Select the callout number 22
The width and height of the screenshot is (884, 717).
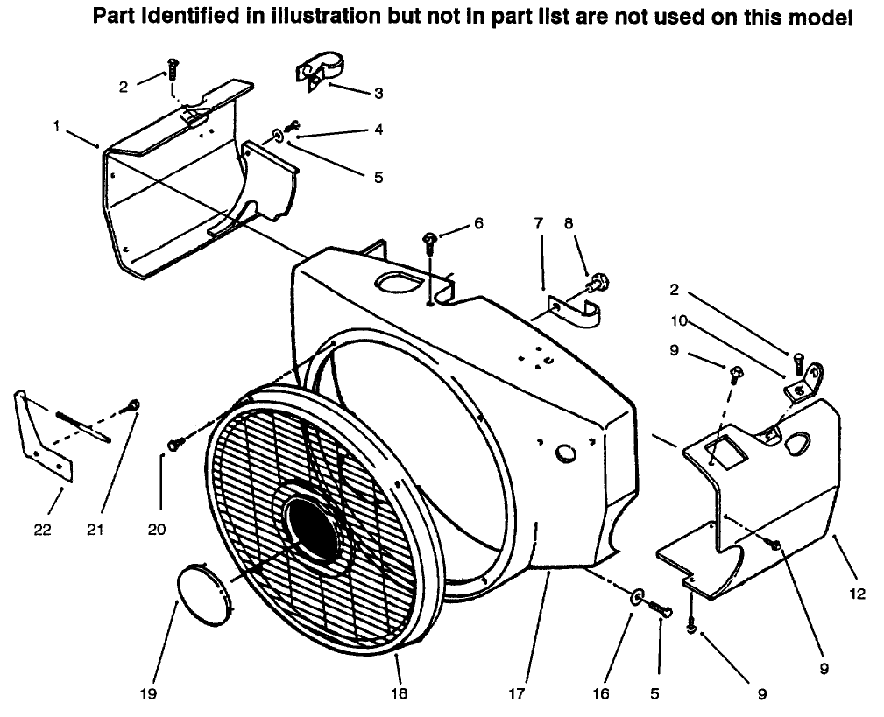pyautogui.click(x=42, y=530)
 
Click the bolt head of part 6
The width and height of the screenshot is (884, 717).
pyautogui.click(x=430, y=238)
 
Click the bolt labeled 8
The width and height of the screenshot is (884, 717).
pyautogui.click(x=598, y=282)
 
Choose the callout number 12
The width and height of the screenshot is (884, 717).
pyautogui.click(x=857, y=594)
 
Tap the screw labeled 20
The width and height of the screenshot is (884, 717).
pyautogui.click(x=175, y=444)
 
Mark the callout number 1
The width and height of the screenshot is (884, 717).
pyautogui.click(x=56, y=127)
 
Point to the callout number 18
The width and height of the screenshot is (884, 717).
pyautogui.click(x=400, y=694)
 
